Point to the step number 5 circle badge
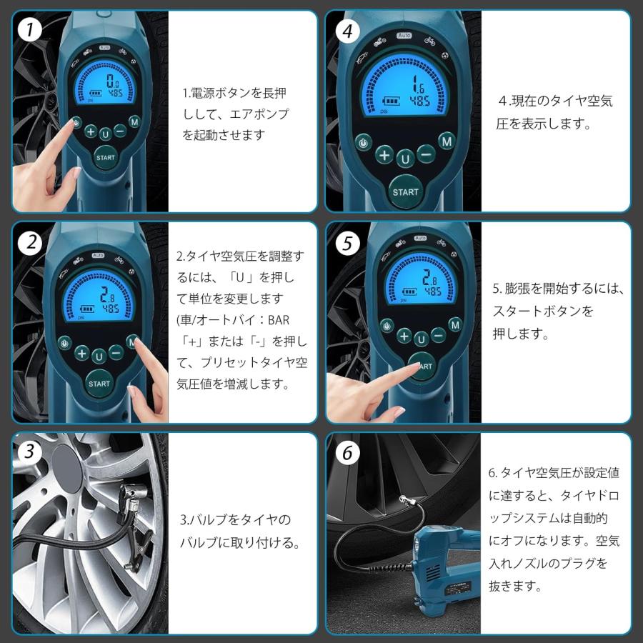click(347, 243)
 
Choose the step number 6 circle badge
click(347, 453)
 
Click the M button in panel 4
click(447, 142)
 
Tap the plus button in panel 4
click(385, 155)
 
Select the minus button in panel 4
click(426, 154)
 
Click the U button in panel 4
click(405, 159)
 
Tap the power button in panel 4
click(364, 143)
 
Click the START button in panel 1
click(105, 157)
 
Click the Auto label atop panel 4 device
click(404, 35)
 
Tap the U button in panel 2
click(99, 356)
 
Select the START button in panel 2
click(99, 383)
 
